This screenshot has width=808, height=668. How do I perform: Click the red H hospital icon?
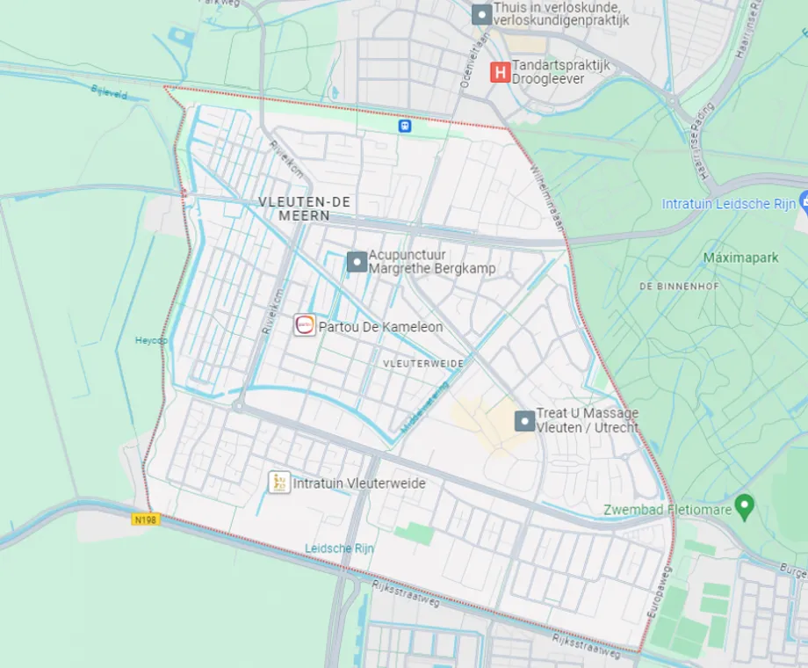[500, 71]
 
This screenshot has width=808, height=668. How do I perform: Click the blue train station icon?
[404, 126]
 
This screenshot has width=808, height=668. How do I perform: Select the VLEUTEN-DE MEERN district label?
[306, 208]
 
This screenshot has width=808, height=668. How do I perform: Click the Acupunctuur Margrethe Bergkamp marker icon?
[357, 261]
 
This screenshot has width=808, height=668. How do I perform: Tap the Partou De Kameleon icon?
[305, 325]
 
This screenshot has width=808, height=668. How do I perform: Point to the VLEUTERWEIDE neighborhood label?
[422, 363]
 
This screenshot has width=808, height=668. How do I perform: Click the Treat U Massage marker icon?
[524, 420]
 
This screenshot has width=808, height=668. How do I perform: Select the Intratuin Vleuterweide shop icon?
[279, 482]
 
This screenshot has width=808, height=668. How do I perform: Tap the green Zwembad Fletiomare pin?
[744, 506]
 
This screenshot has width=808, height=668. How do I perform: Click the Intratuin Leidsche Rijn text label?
[728, 204]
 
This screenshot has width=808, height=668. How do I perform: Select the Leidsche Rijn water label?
[339, 548]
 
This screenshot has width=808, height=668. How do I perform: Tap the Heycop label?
[150, 340]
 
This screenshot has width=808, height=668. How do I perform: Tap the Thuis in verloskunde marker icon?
[481, 14]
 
